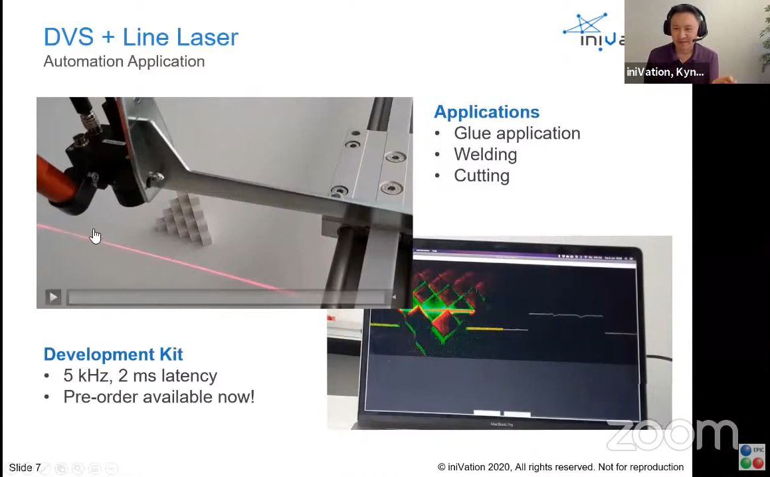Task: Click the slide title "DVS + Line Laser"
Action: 140,37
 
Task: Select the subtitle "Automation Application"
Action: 124,61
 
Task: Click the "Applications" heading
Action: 486,112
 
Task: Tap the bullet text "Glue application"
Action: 516,133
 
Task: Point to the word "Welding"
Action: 485,154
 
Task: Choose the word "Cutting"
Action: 481,175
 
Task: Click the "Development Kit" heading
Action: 113,354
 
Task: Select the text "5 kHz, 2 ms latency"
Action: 140,375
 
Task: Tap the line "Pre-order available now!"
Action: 158,397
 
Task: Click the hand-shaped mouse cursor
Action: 95,236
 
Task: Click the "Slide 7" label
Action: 25,468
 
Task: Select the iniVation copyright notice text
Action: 560,467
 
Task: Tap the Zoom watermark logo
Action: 671,435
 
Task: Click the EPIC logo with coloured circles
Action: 752,457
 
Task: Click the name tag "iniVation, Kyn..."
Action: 664,72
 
